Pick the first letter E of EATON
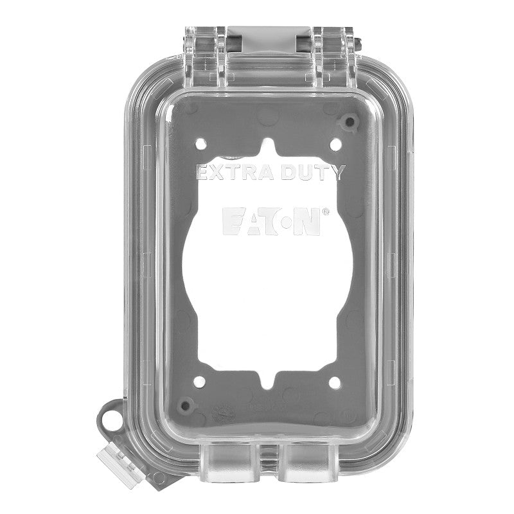coord(232,221)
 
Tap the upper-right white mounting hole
coord(334,144)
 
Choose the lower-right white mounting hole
coord(334,383)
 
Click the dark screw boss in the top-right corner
coord(350,121)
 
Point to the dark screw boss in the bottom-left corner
coord(186,405)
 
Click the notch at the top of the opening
coord(269,145)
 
